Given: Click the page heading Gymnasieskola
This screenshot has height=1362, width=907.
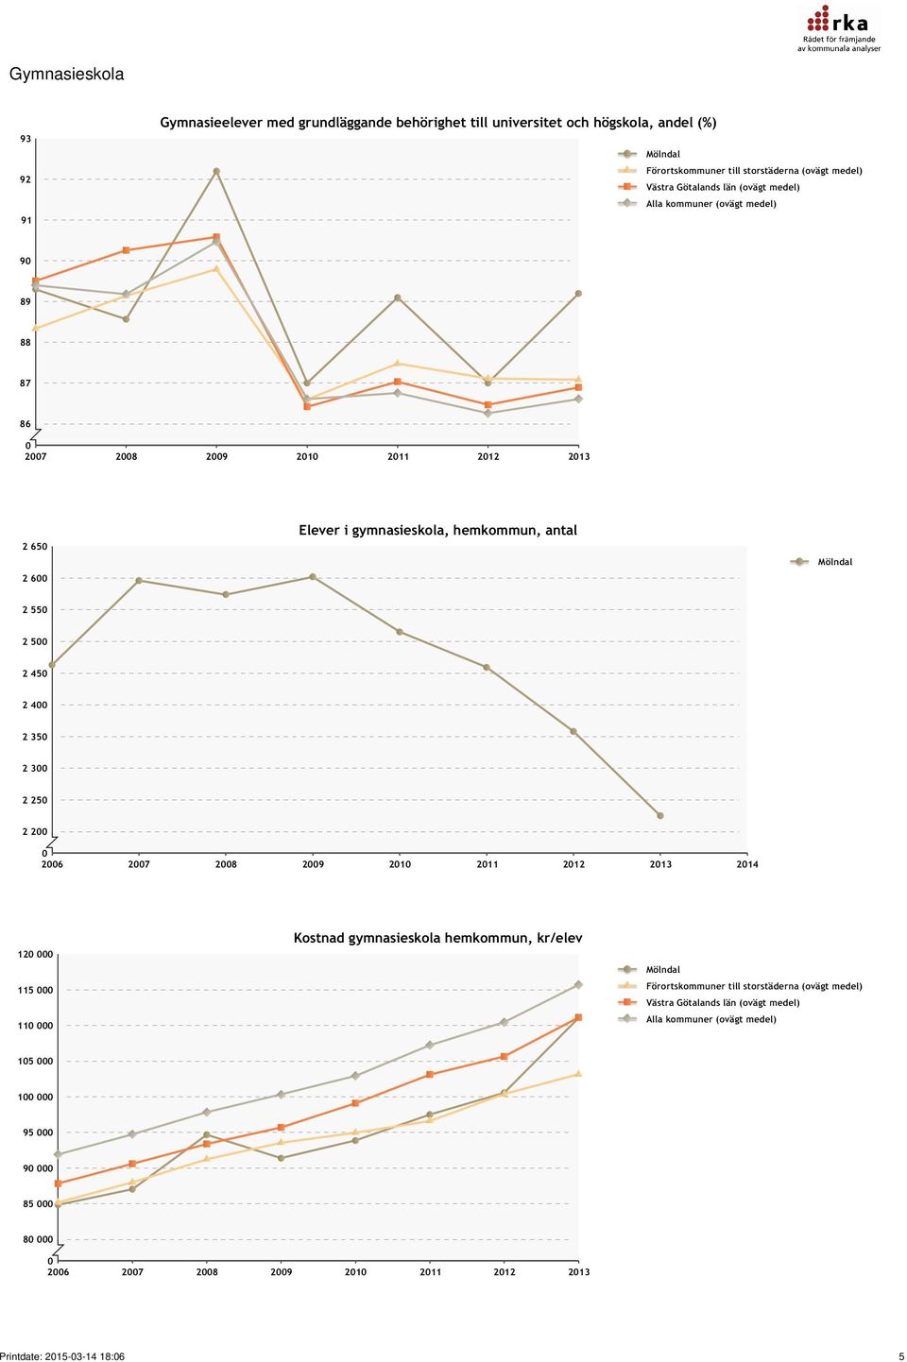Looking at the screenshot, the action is tap(66, 75).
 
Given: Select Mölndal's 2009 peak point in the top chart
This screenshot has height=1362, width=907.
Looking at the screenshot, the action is tap(216, 172).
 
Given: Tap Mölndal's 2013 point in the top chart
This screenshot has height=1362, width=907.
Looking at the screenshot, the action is tap(578, 294).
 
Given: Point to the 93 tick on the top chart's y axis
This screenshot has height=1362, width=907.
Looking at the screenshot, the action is tap(25, 139).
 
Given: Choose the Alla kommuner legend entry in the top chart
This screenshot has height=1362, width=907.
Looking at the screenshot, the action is tap(698, 204).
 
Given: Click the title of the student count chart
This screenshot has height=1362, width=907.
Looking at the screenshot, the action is tap(437, 530).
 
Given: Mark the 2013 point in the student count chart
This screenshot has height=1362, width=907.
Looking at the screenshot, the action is tap(660, 815).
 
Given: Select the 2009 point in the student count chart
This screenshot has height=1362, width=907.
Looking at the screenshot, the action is tap(313, 576).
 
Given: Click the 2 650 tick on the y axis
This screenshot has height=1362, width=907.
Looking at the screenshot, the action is tap(35, 547).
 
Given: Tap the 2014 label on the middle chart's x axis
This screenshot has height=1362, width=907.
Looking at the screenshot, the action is tap(747, 864).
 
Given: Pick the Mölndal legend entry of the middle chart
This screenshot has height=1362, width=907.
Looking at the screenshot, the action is tap(821, 562).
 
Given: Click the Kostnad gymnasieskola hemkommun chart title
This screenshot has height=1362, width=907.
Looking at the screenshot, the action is tap(438, 938).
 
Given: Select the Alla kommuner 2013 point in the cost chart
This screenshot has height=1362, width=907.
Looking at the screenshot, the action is tap(578, 984).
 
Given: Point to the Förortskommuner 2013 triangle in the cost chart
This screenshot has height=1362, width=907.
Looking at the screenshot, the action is tap(578, 1074).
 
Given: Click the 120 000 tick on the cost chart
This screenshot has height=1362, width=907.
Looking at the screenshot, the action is tap(35, 955).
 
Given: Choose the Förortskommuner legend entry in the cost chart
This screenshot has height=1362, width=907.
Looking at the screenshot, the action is tap(741, 986).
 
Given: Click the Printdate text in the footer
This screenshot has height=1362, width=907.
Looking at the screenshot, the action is tap(62, 1356).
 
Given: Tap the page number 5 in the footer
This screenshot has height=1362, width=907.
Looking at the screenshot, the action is tap(901, 1356).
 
